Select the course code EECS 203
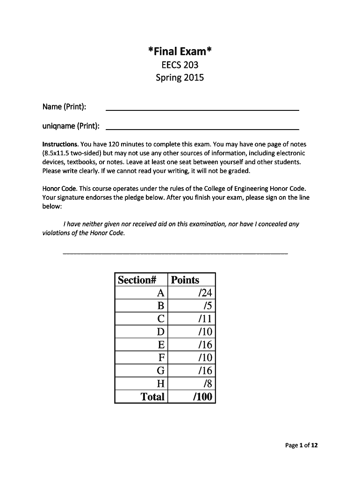(x=180, y=65)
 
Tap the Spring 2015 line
(x=180, y=78)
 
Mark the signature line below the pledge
(x=175, y=253)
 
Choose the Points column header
(x=185, y=280)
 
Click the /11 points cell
(x=205, y=319)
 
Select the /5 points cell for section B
(x=208, y=306)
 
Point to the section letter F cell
(x=161, y=358)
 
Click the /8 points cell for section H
(x=208, y=384)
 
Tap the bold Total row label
(x=153, y=397)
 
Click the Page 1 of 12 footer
(x=301, y=445)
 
